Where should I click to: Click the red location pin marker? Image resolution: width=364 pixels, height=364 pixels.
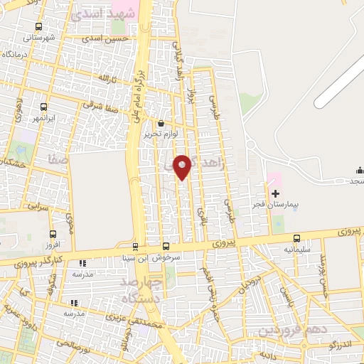click(x=183, y=166)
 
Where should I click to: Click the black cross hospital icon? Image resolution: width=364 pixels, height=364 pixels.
click(x=275, y=193)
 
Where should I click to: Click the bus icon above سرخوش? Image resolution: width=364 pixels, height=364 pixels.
click(x=166, y=246)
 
